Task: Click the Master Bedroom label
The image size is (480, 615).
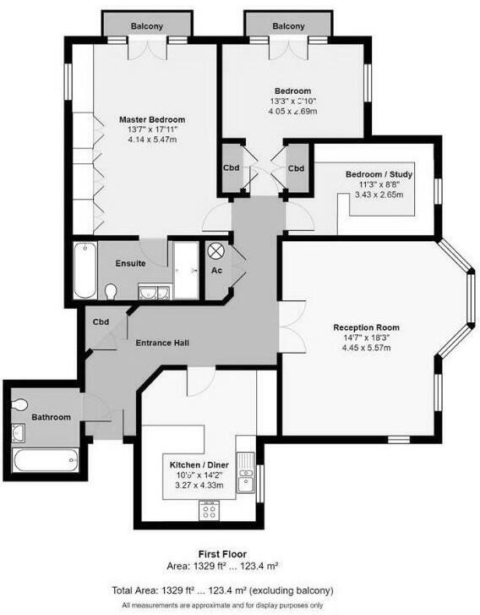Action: [x=151, y=119]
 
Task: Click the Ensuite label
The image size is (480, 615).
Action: [x=131, y=263]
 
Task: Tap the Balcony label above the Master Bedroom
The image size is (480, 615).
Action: [x=147, y=27]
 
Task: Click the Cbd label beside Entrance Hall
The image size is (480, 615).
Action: [x=101, y=322]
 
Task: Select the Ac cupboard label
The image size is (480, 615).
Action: [x=216, y=270]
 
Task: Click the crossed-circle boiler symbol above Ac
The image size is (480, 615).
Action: [x=215, y=251]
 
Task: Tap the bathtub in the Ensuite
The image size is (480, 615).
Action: [x=85, y=270]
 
